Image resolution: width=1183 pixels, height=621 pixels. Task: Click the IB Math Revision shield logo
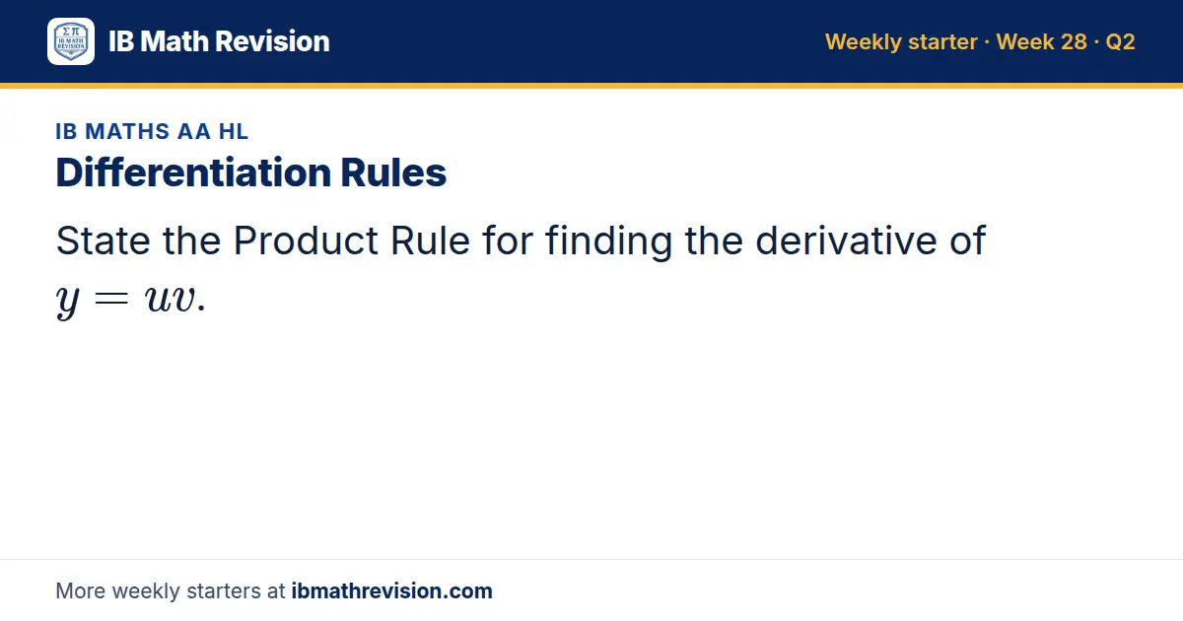coord(71,41)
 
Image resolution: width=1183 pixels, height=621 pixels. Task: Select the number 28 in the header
coord(1068,41)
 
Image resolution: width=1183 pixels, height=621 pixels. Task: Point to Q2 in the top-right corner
coord(1120,42)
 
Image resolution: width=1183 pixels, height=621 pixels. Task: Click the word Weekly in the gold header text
coord(864,42)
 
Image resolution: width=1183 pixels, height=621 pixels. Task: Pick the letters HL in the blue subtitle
coord(234,131)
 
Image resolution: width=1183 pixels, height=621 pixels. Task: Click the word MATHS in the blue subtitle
coord(127,131)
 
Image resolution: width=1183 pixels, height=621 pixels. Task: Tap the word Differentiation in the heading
coord(193,172)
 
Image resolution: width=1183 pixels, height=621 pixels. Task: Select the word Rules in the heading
coord(393,172)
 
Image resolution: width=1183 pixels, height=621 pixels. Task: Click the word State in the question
coord(103,241)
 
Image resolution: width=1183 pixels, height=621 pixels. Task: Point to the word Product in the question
coord(306,241)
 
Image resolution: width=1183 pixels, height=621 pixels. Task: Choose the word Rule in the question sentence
coord(430,241)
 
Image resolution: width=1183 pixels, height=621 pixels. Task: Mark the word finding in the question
coord(608,241)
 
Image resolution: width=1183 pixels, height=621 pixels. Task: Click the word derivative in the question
coord(846,241)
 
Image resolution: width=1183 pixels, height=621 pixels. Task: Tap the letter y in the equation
coord(68,301)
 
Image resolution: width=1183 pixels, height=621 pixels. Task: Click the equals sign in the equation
coord(110,299)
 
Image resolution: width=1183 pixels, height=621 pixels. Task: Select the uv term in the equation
coord(170,299)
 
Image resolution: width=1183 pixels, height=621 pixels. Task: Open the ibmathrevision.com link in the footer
coord(392,590)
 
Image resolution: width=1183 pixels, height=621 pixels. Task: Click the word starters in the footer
coord(224,590)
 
